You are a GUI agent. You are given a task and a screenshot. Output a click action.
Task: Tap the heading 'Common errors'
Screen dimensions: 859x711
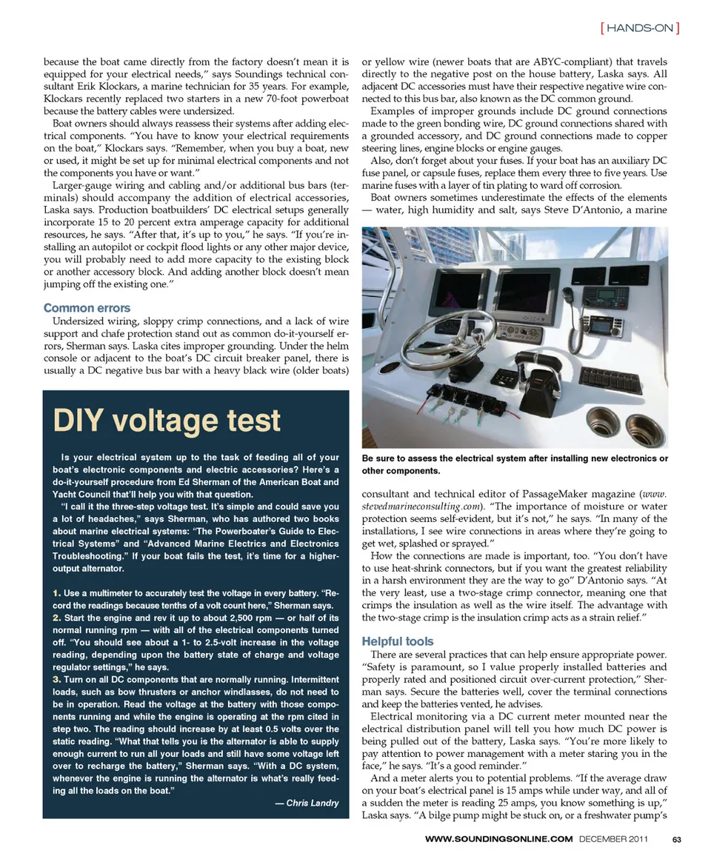tap(87, 308)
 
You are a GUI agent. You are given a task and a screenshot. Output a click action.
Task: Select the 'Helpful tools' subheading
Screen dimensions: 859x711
tap(398, 641)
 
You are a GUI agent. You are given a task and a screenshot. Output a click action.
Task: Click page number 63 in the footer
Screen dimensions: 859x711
tap(676, 840)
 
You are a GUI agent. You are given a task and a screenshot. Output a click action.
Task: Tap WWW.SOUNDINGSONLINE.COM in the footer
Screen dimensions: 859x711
tap(499, 840)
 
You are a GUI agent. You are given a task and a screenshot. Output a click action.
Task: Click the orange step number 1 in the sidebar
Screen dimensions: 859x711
tap(57, 593)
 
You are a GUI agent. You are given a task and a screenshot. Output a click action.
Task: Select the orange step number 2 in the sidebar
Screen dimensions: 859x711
tap(57, 617)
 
